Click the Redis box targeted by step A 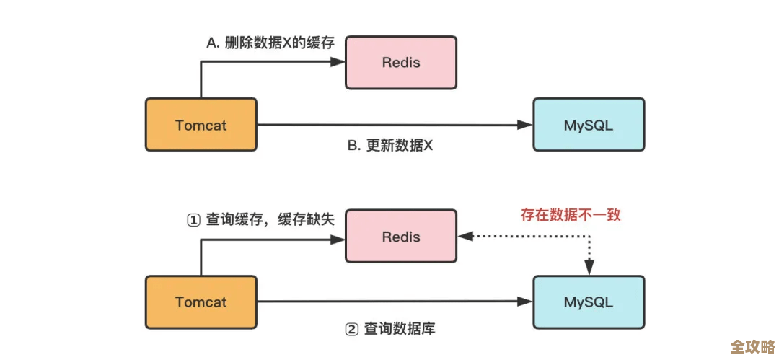coord(401,62)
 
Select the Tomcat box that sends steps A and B coord(201,126)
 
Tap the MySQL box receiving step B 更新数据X coord(589,126)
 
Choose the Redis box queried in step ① coord(401,237)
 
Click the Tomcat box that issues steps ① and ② coord(201,302)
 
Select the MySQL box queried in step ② coord(589,302)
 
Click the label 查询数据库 coord(399,330)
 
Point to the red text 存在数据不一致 coord(571,214)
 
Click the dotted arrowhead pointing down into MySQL coord(589,268)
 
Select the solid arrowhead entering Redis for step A coord(339,62)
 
